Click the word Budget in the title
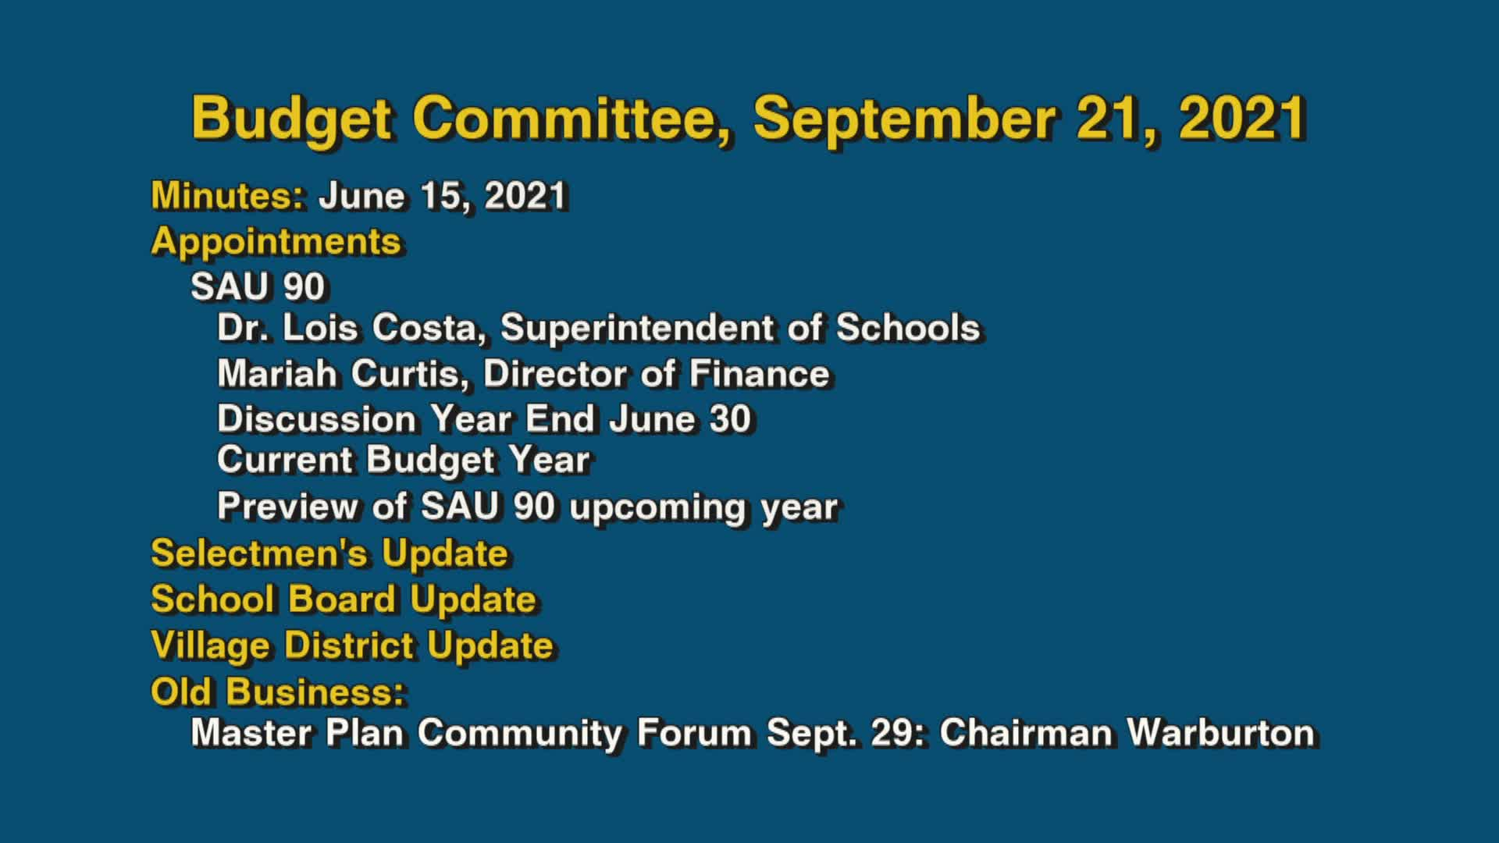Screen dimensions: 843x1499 291,119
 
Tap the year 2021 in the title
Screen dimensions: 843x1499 1242,119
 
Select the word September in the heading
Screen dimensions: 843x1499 904,119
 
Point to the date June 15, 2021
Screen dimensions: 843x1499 442,195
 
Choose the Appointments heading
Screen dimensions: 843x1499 276,241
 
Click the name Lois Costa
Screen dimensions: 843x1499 379,328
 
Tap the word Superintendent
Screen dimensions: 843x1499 638,328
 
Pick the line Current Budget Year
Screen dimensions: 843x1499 403,461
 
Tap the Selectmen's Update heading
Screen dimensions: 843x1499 329,553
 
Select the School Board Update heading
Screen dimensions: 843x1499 344,599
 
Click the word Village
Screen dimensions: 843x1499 210,646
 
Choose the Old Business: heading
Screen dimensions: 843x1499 278,692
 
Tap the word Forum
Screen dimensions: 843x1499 694,733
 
